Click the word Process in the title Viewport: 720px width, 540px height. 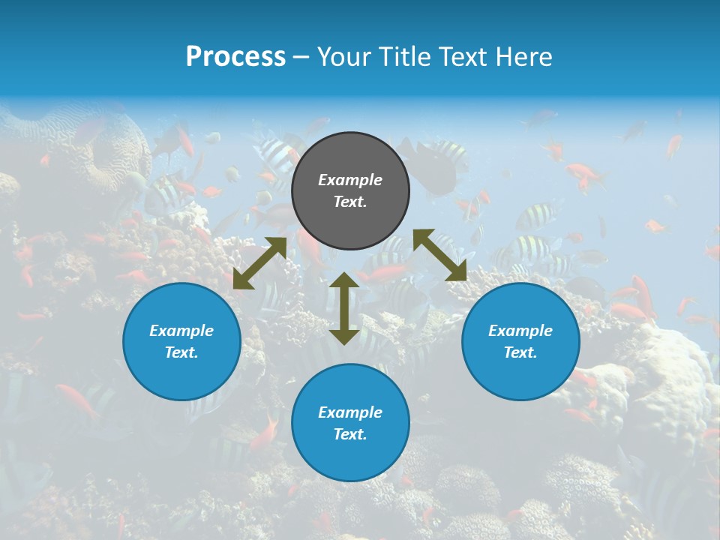pos(235,57)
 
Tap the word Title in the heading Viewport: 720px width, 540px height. pos(402,57)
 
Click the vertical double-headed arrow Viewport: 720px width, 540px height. pos(344,308)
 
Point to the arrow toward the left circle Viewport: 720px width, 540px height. pos(259,263)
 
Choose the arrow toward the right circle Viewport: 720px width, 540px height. pos(440,255)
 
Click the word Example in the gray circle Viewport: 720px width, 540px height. pos(350,180)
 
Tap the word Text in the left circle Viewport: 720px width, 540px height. pos(181,352)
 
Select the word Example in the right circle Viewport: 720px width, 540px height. pos(520,331)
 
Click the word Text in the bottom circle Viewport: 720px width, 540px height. pos(350,434)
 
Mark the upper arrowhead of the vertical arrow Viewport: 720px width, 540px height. pos(344,280)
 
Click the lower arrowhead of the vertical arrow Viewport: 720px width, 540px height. pos(344,337)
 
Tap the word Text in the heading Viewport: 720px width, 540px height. pos(464,57)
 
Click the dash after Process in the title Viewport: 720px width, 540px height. pos(301,57)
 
